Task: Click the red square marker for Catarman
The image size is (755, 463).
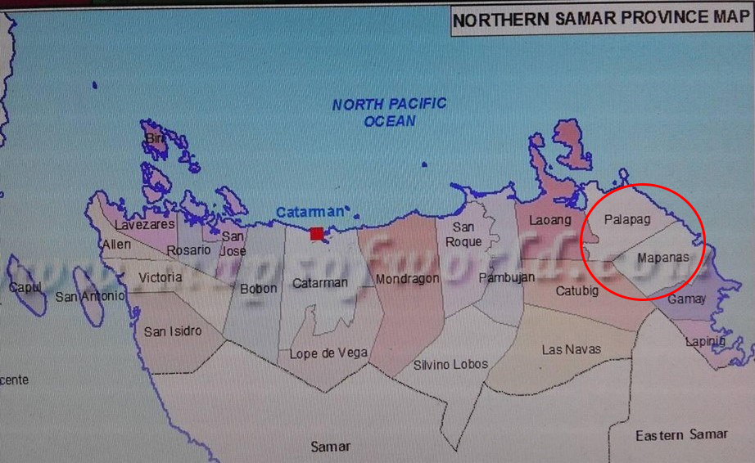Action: click(317, 234)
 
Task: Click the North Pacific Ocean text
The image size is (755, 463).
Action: click(390, 112)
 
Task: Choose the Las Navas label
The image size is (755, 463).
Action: click(571, 349)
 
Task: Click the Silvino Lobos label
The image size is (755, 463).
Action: click(450, 364)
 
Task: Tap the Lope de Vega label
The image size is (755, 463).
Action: click(328, 353)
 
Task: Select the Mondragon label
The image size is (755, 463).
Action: click(408, 280)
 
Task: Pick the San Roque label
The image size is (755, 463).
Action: click(464, 235)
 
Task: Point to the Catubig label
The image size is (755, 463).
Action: click(577, 291)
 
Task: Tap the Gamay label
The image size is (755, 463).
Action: click(686, 299)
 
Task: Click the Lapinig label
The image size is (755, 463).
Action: click(706, 340)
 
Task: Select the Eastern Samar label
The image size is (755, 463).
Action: click(681, 434)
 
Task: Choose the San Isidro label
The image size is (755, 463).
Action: click(172, 331)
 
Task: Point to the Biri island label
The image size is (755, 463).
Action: click(155, 140)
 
